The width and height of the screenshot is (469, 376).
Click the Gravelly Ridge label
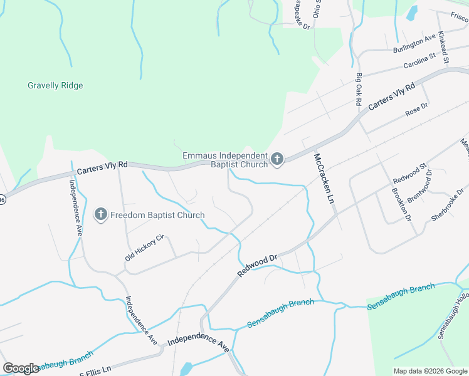[55, 86]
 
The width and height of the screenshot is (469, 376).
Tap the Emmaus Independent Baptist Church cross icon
[277, 160]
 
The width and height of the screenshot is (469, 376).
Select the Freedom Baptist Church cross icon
[100, 215]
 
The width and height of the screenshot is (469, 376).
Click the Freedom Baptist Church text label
[157, 216]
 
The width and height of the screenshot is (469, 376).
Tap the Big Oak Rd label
[359, 89]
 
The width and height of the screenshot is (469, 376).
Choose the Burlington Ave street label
[414, 44]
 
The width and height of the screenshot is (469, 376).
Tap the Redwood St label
[396, 168]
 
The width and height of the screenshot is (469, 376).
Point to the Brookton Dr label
[401, 204]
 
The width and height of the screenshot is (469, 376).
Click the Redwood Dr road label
[257, 266]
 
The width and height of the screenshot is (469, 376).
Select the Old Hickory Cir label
[144, 248]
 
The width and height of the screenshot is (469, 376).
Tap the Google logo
[21, 368]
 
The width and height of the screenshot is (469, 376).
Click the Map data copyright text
[429, 371]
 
